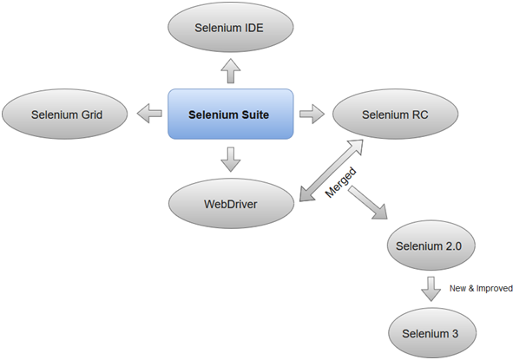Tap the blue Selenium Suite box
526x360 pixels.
[230, 113]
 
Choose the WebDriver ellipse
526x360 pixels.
[230, 204]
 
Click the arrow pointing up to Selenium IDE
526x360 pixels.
[230, 71]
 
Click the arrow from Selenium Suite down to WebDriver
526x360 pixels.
[230, 158]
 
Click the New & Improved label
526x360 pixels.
[483, 288]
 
